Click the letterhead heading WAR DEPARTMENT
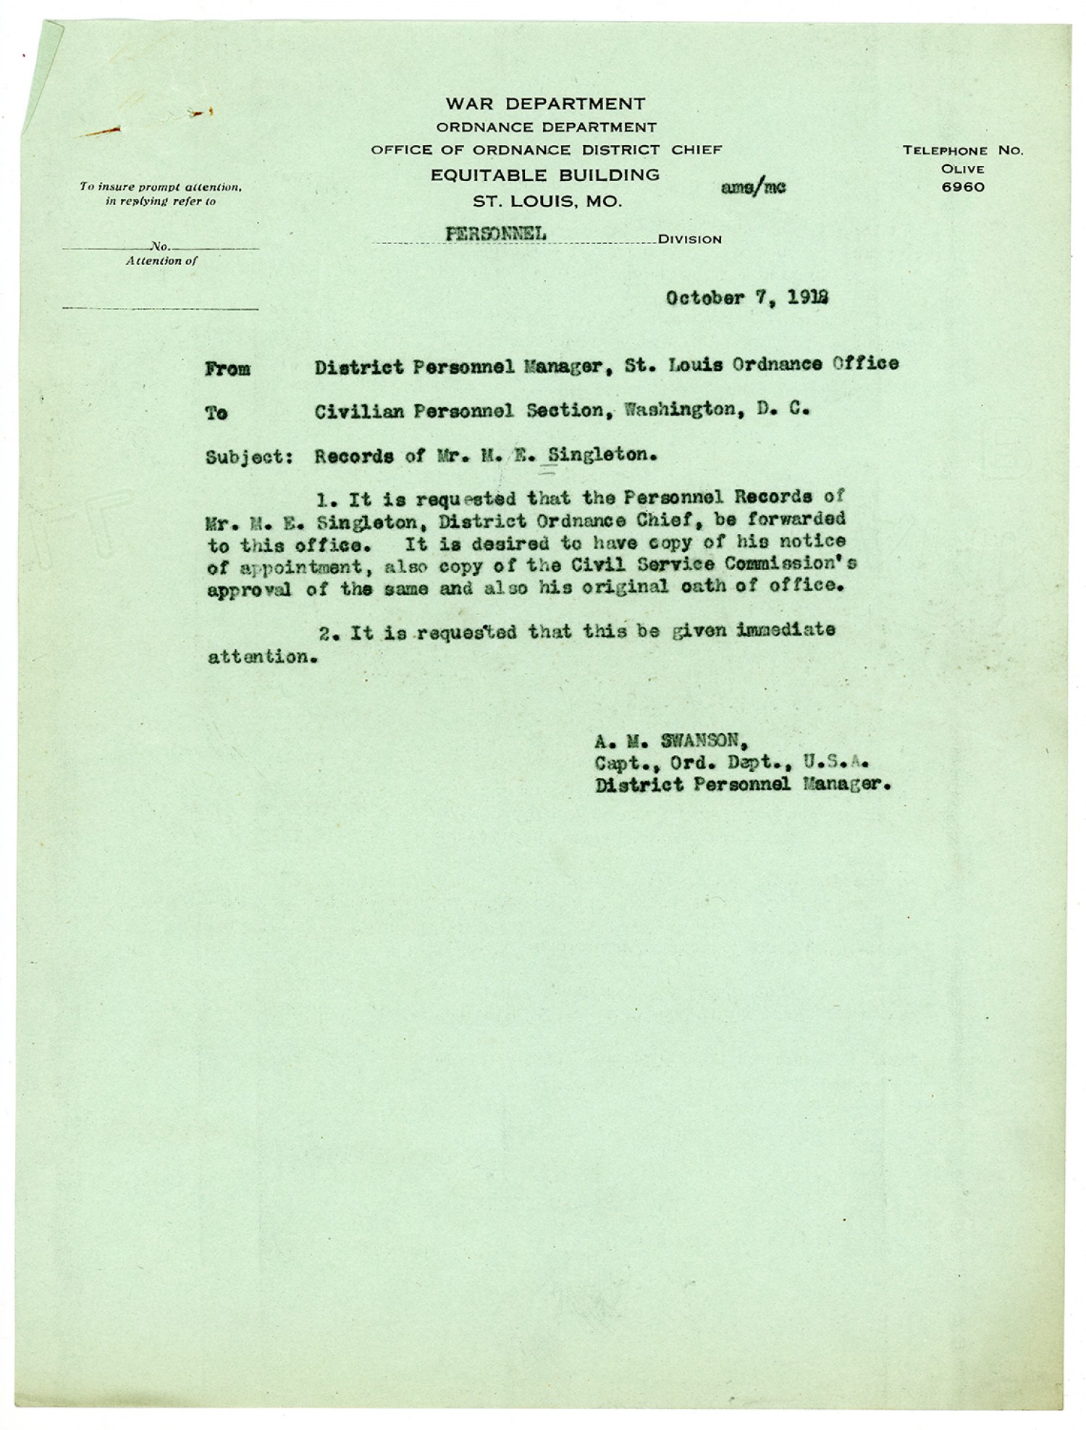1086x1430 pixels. pyautogui.click(x=544, y=104)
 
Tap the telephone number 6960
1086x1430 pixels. pyautogui.click(x=963, y=187)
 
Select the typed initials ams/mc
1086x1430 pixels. pyautogui.click(x=753, y=187)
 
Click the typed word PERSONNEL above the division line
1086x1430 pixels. pyautogui.click(x=496, y=233)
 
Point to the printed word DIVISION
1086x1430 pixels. pyautogui.click(x=690, y=240)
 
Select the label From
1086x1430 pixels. pyautogui.click(x=227, y=369)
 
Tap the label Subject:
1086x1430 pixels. pyautogui.click(x=249, y=458)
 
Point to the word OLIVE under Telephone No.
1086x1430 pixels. pyautogui.click(x=963, y=169)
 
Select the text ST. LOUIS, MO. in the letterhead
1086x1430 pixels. pyautogui.click(x=547, y=201)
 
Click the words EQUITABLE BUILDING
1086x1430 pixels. pyautogui.click(x=544, y=175)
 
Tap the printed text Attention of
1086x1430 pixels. pyautogui.click(x=161, y=262)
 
